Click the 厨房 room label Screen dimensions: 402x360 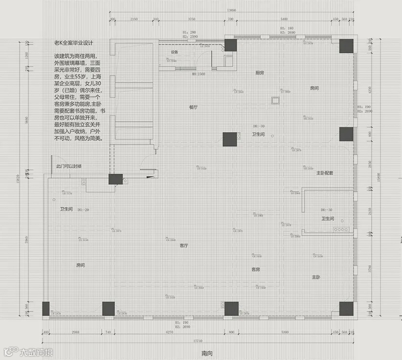(x=260, y=72)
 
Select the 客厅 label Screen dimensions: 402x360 (x=184, y=246)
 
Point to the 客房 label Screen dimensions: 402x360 (x=255, y=270)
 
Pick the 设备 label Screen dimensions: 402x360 (x=175, y=52)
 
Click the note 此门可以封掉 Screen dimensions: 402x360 (x=69, y=167)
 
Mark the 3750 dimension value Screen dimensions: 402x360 (x=191, y=19)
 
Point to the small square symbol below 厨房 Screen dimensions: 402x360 (x=275, y=101)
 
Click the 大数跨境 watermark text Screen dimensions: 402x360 (x=36, y=352)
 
